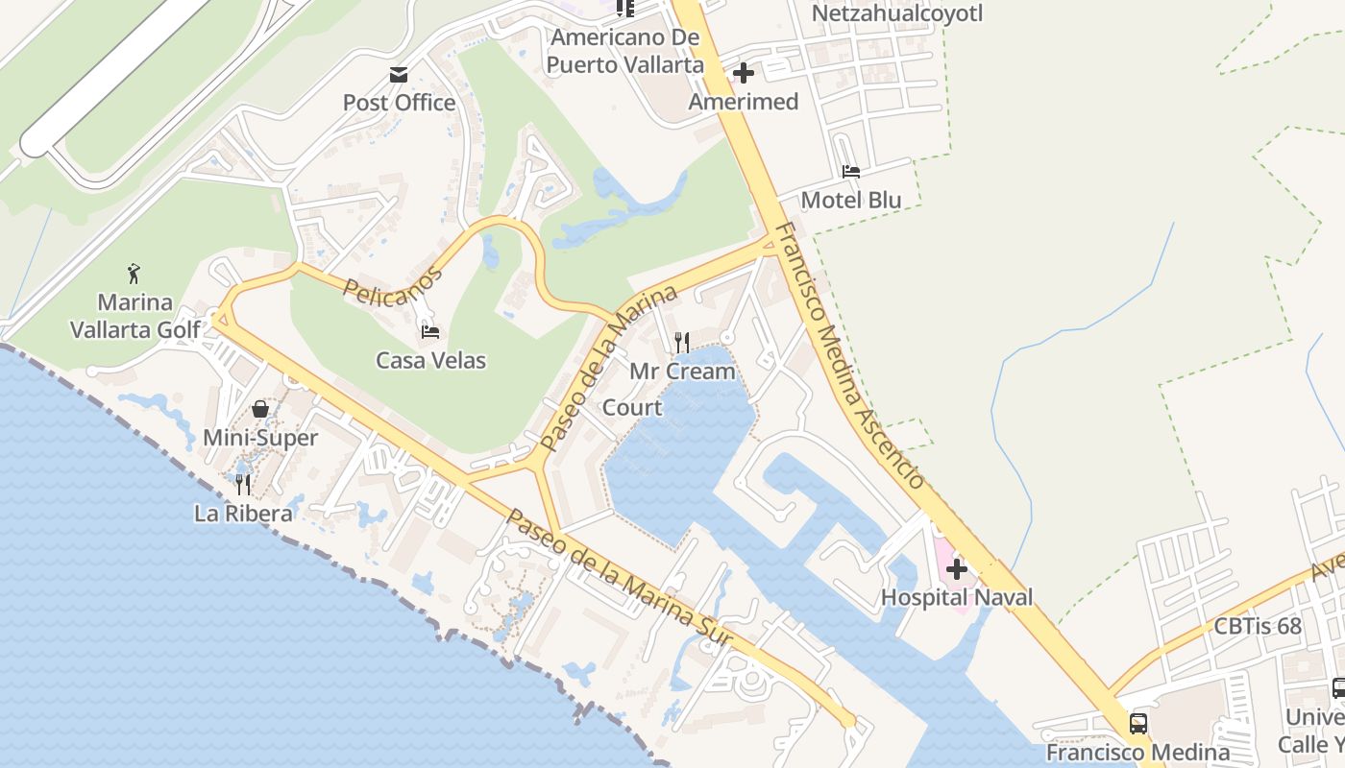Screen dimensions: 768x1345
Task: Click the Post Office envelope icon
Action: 399,75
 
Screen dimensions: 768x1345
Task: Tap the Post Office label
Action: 399,103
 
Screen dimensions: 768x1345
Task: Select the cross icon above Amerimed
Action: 743,73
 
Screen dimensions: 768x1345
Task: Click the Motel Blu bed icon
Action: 851,172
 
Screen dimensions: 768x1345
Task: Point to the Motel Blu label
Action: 851,200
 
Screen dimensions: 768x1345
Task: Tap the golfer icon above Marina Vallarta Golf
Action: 134,274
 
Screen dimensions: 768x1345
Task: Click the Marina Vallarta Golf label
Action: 135,316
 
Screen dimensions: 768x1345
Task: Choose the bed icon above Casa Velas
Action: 430,332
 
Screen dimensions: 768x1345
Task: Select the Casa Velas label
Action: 430,361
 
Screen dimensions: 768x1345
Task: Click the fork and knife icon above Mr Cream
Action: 682,342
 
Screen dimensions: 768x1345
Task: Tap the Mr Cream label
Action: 682,371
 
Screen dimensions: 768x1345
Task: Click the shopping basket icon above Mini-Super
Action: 260,409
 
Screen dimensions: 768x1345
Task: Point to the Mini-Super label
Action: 260,438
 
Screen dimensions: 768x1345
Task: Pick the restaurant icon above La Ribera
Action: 243,485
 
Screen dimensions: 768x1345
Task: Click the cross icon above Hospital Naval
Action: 957,569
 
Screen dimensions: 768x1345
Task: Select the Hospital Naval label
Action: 957,597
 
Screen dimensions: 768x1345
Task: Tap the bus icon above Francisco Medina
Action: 1138,724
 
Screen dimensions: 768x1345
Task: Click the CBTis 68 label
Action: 1258,627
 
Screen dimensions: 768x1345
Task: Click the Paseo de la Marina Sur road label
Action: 621,580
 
